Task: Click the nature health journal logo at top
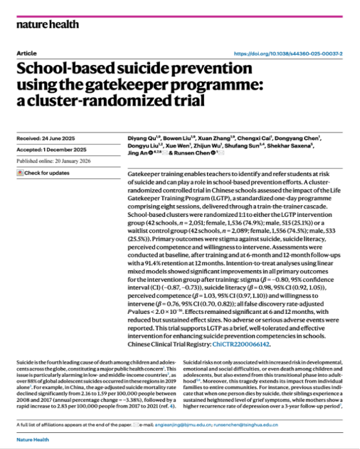coord(47,24)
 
